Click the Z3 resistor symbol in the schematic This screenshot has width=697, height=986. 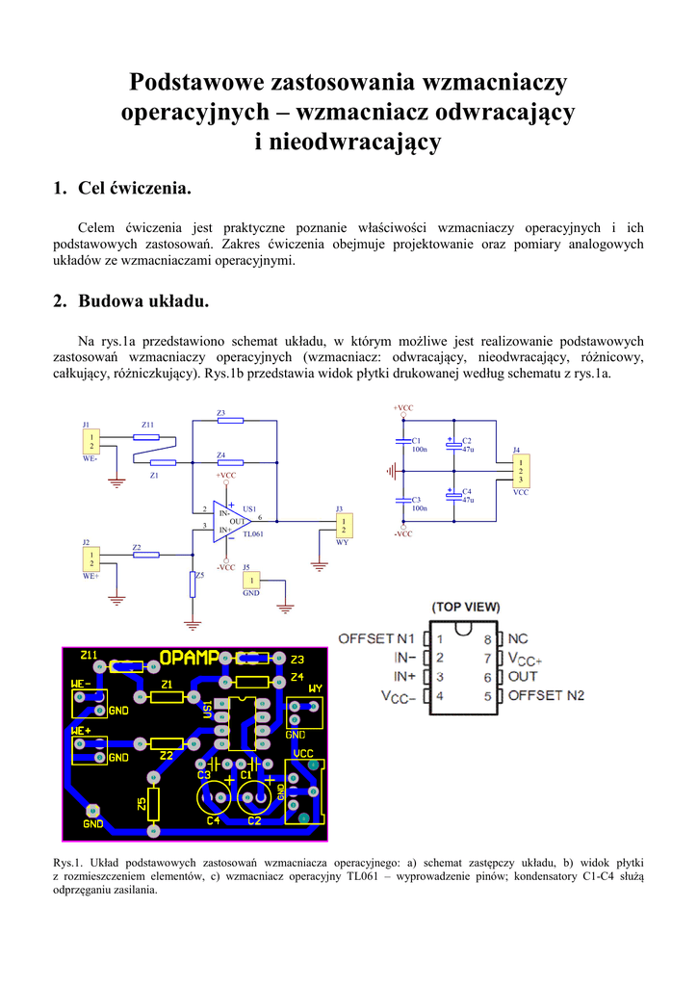coord(230,421)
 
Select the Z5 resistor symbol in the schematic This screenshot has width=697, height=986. coord(193,584)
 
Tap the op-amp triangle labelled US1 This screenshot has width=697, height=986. coord(229,521)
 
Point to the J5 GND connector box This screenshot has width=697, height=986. coord(251,581)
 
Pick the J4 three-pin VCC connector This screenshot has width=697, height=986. coord(520,471)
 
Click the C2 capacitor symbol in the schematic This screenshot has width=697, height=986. coord(452,445)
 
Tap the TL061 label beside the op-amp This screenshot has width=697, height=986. coord(253,532)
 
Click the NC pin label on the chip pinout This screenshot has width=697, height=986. coord(518,638)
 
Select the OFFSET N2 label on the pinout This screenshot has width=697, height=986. coord(546,694)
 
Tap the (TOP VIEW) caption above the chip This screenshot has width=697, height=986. coord(466,607)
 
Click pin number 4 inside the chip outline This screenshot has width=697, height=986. coord(440,694)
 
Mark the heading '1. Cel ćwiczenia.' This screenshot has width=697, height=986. coord(121,188)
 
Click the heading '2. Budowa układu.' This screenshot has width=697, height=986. coord(130,301)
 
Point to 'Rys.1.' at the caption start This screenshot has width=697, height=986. coord(69,862)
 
